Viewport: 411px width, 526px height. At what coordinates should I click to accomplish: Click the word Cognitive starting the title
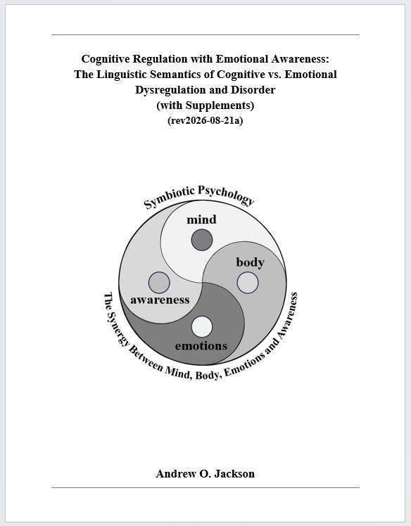[106, 59]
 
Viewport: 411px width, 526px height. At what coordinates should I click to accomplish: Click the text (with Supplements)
[205, 105]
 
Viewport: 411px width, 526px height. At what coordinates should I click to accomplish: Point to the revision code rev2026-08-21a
[205, 120]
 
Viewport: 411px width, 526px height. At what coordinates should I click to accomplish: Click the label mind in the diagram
[201, 219]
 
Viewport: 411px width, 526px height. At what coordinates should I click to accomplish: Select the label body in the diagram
[250, 262]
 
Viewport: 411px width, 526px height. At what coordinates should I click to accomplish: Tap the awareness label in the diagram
[160, 300]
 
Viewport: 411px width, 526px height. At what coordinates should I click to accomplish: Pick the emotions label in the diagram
[201, 345]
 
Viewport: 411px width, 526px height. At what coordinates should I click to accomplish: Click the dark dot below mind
[202, 240]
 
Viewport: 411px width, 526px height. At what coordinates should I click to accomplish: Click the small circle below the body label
[248, 283]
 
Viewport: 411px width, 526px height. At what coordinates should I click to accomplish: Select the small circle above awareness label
[159, 283]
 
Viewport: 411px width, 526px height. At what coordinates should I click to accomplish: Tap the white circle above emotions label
[202, 327]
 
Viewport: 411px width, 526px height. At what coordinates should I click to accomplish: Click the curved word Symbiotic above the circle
[169, 197]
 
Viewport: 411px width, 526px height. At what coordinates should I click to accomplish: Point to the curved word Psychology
[227, 194]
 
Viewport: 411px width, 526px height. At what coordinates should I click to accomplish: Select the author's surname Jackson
[234, 474]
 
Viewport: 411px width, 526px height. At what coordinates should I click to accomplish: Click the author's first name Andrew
[176, 474]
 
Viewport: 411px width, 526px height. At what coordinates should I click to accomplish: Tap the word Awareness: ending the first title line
[301, 59]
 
